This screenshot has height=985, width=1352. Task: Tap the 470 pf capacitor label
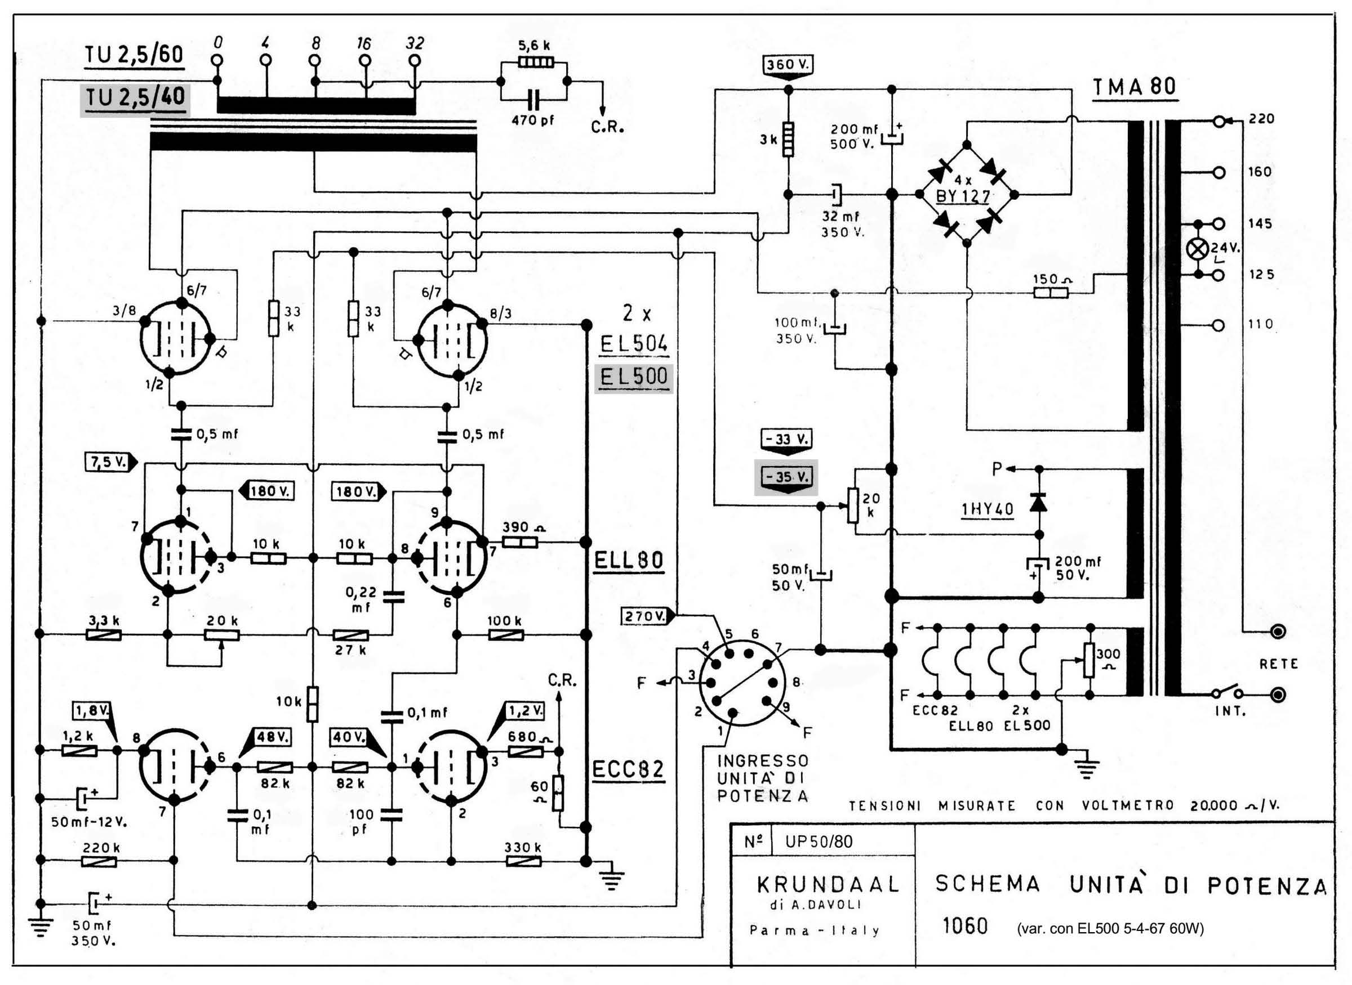pos(532,120)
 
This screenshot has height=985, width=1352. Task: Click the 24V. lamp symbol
pos(1197,249)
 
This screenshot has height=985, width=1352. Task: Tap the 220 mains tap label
pos(1261,119)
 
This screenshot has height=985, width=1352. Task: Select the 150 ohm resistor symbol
pos(1051,293)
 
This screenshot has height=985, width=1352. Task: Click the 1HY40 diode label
pos(988,509)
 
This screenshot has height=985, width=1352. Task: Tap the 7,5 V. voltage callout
pos(111,462)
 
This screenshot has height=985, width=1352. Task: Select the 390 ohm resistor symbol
pos(520,542)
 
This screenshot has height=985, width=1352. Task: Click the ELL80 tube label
pos(629,560)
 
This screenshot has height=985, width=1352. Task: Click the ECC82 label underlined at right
pos(628,769)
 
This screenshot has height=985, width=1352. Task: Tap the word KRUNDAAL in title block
pos(828,885)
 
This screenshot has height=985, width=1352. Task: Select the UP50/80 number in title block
pos(819,841)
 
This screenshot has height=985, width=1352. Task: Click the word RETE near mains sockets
pos(1278,664)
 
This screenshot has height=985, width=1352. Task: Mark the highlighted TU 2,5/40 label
pos(135,98)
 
